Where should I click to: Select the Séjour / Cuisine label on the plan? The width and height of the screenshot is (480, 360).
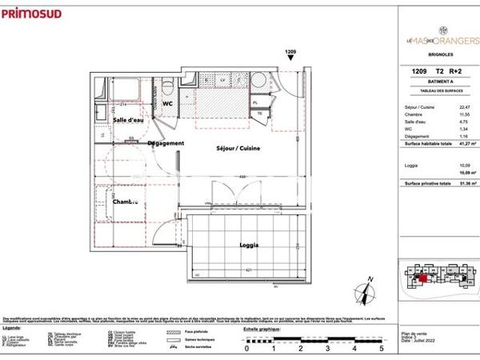(238, 149)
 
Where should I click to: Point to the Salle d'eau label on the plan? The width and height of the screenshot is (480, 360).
(128, 120)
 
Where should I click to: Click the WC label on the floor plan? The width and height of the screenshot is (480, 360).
(169, 104)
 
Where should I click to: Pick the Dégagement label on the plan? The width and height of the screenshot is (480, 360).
(166, 143)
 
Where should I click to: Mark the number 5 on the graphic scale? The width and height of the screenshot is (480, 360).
(382, 349)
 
